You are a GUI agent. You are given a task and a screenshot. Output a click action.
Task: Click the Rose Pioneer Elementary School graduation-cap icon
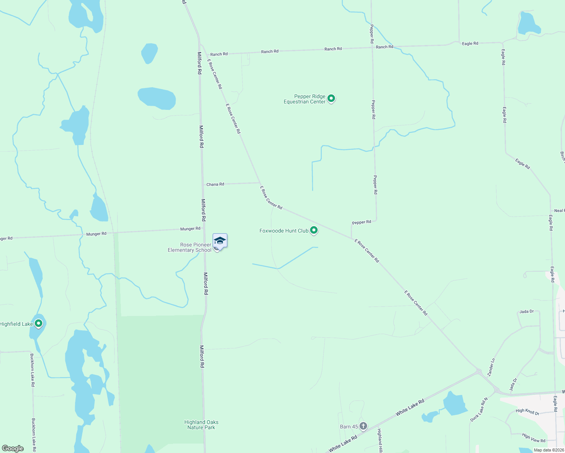[x=220, y=240]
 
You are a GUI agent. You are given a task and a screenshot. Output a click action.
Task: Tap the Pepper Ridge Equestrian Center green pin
[x=331, y=99]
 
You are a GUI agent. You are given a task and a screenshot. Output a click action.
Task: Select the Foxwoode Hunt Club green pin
[x=313, y=230]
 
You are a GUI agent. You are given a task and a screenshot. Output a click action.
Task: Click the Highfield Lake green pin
[x=38, y=323]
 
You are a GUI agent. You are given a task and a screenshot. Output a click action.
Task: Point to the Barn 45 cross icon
[x=363, y=426]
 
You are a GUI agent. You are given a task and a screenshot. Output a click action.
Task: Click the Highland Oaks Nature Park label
[x=201, y=425]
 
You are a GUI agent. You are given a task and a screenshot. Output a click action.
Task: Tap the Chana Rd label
[x=215, y=184]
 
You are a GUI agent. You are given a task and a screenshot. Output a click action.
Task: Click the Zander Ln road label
[x=491, y=367]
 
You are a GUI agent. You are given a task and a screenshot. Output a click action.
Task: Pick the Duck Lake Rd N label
[x=479, y=410]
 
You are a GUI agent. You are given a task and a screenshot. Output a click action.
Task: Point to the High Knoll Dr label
[x=527, y=411]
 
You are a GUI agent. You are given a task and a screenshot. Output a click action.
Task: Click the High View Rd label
[x=534, y=438]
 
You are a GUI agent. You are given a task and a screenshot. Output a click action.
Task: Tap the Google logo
[x=13, y=448]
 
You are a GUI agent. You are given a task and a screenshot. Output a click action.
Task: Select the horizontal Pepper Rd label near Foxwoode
[x=361, y=222]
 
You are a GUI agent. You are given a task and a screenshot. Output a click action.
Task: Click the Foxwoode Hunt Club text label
[x=284, y=231]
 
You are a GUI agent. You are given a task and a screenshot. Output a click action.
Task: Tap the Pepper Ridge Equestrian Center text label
[x=304, y=99]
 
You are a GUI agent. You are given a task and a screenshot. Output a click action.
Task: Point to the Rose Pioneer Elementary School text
[x=190, y=247]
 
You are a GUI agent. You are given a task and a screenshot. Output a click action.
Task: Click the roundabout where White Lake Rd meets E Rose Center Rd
[x=479, y=372]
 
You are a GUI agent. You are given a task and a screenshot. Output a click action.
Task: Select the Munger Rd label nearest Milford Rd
[x=190, y=229]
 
